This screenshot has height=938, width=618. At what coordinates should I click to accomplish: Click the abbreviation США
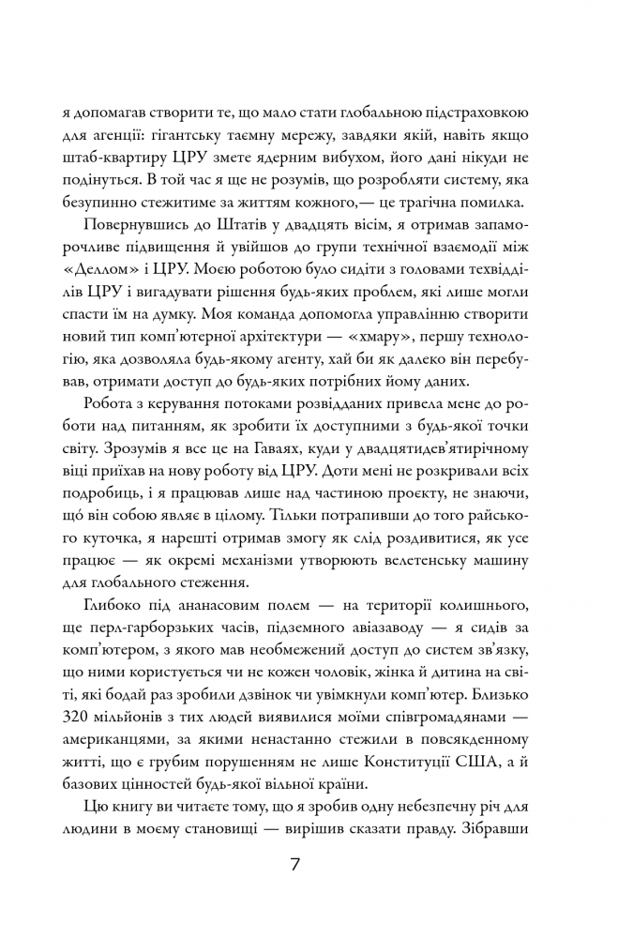[x=504, y=763]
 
